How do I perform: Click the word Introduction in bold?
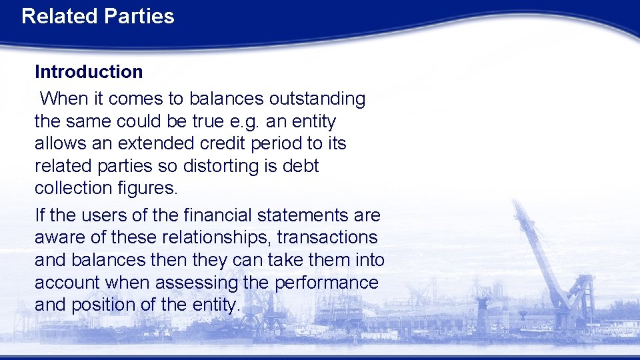point(89,71)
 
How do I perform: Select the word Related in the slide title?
point(59,16)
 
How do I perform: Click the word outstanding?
point(317,99)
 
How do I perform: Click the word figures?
point(147,188)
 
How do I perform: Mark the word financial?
point(226,215)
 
